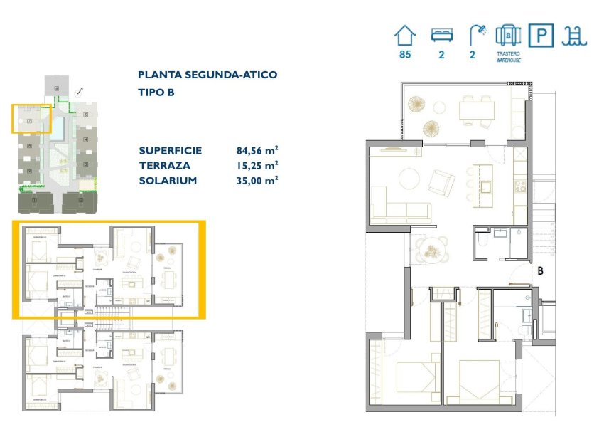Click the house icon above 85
405,36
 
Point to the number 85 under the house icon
405,54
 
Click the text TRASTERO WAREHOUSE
508,57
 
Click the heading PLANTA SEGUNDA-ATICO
207,75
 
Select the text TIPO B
156,93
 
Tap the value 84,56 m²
257,151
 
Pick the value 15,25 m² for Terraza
257,165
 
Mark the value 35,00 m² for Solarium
257,180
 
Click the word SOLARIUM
168,180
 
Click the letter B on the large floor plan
540,270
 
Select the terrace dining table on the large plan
476,110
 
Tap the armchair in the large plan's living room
443,183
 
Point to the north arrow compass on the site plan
81,91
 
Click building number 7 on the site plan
29,122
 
